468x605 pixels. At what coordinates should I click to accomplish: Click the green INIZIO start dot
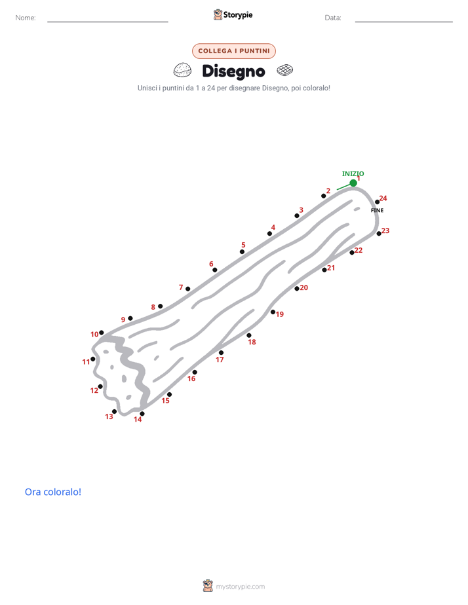click(353, 183)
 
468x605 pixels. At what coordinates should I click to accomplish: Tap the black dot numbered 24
click(378, 202)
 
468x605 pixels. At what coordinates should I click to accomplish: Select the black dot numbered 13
click(114, 412)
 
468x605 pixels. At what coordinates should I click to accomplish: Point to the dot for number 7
click(187, 289)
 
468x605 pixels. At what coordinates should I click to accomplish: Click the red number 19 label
click(280, 314)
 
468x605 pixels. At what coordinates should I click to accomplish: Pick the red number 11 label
click(86, 362)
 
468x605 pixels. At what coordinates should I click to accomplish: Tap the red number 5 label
click(243, 245)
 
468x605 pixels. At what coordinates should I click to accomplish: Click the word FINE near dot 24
click(378, 210)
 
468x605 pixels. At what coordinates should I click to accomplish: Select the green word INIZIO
click(353, 174)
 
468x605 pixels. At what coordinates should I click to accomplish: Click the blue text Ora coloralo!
click(53, 492)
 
